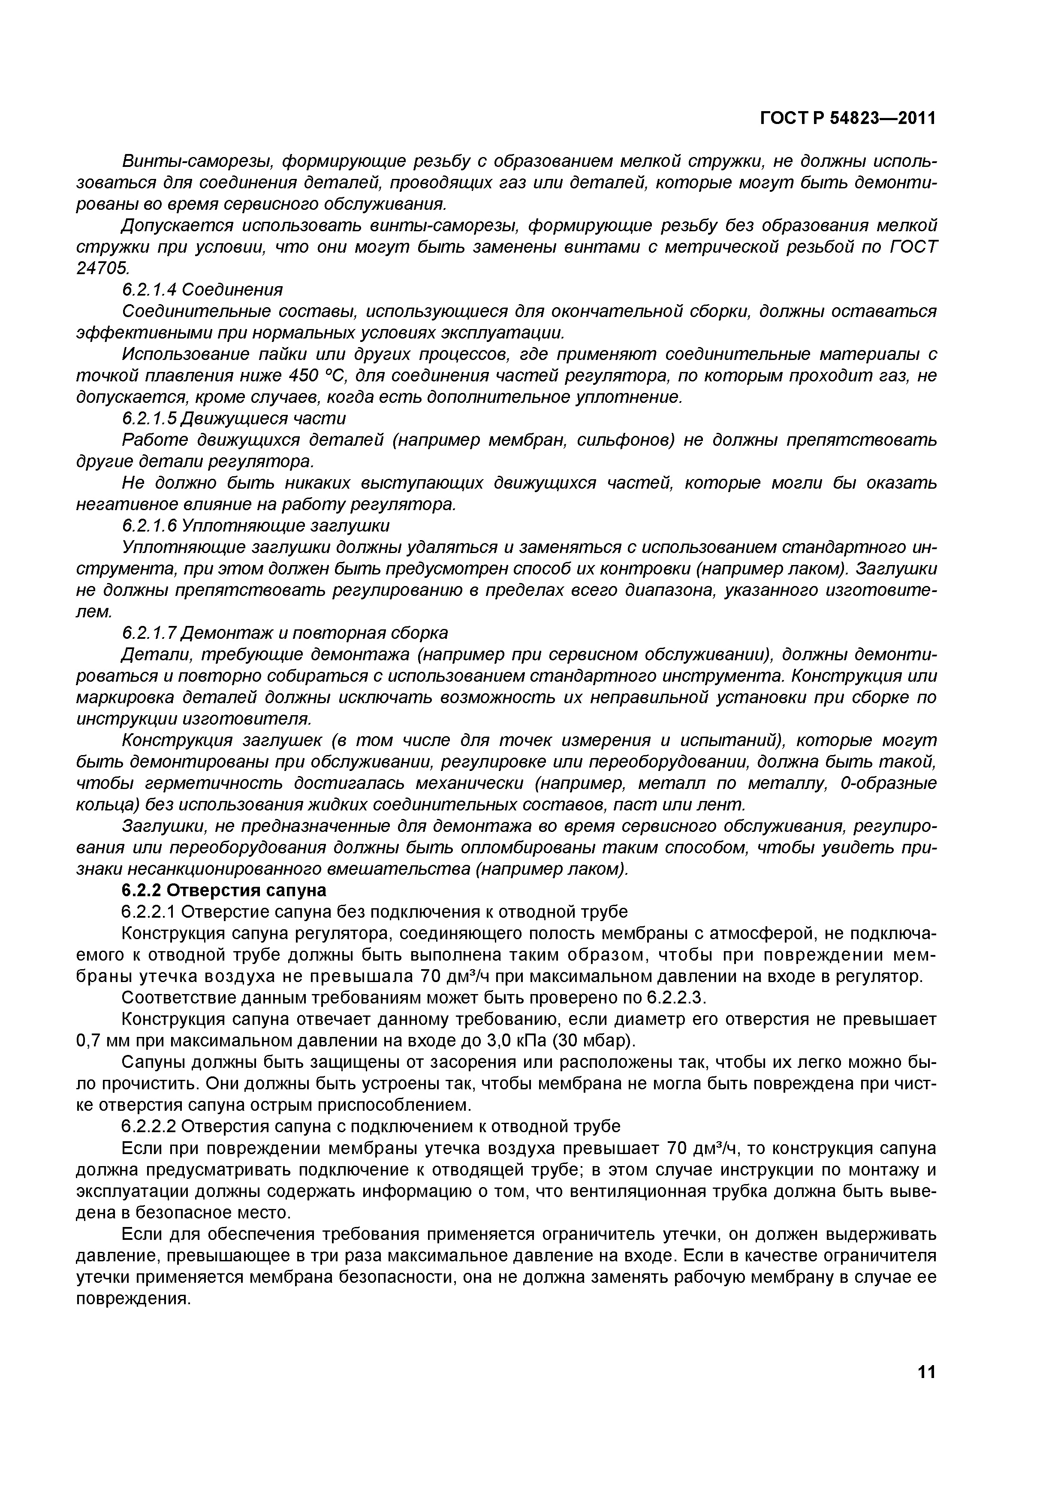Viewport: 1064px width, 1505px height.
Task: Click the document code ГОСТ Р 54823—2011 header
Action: coord(847,118)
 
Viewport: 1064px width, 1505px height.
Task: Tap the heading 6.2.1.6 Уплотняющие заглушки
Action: coord(256,526)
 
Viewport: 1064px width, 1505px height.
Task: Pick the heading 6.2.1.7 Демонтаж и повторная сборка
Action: coord(285,633)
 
